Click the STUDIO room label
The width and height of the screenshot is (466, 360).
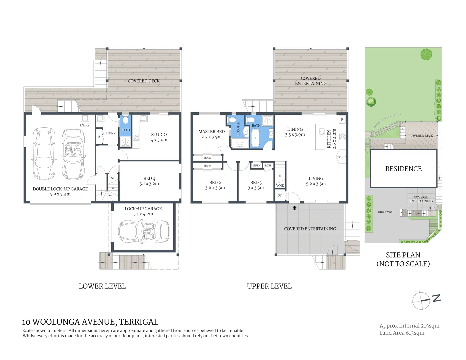pos(159,135)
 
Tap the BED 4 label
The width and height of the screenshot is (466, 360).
pos(149,178)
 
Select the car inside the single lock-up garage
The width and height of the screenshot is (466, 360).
pos(144,230)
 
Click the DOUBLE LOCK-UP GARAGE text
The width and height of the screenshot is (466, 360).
pos(60,189)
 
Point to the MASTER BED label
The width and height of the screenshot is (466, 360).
pos(211,132)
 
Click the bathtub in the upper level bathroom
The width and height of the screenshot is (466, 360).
pos(256,138)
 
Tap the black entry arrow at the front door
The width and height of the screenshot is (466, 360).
pos(294,208)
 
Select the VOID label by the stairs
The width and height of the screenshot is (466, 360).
pos(280,186)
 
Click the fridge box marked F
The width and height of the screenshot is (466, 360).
pos(342,119)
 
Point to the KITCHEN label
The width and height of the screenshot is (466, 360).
pos(329,139)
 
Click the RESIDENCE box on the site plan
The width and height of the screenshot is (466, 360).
pos(403,169)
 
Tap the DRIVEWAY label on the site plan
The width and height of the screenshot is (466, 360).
pos(385,212)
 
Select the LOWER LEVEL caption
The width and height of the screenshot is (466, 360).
pos(102,286)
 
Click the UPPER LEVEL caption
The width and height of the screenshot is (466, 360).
pos(269,286)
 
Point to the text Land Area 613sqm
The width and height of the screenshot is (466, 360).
pos(402,333)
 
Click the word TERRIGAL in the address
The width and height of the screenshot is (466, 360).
pos(139,322)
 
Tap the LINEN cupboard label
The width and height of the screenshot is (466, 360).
pos(256,165)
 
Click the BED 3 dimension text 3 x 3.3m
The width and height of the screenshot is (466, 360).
pos(256,188)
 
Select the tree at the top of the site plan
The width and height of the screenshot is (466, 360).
pos(426,54)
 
